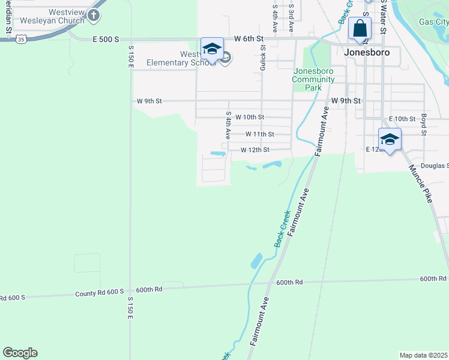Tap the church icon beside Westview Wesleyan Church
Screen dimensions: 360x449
[x=94, y=16]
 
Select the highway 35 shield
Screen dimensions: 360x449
[x=22, y=39]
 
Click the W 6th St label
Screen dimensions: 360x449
[x=249, y=38]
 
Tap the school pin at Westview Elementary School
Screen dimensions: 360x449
[x=212, y=49]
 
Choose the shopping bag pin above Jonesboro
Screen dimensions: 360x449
[x=360, y=29]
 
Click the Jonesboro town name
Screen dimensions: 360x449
[x=367, y=52]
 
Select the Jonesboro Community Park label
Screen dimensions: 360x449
[x=313, y=79]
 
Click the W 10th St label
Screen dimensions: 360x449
[x=250, y=117]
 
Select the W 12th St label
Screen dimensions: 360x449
[x=255, y=150]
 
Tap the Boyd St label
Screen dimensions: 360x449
[x=423, y=124]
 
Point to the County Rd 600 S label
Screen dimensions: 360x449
[x=99, y=293]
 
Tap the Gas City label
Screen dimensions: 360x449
[x=433, y=22]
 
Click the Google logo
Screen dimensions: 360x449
[x=20, y=353]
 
